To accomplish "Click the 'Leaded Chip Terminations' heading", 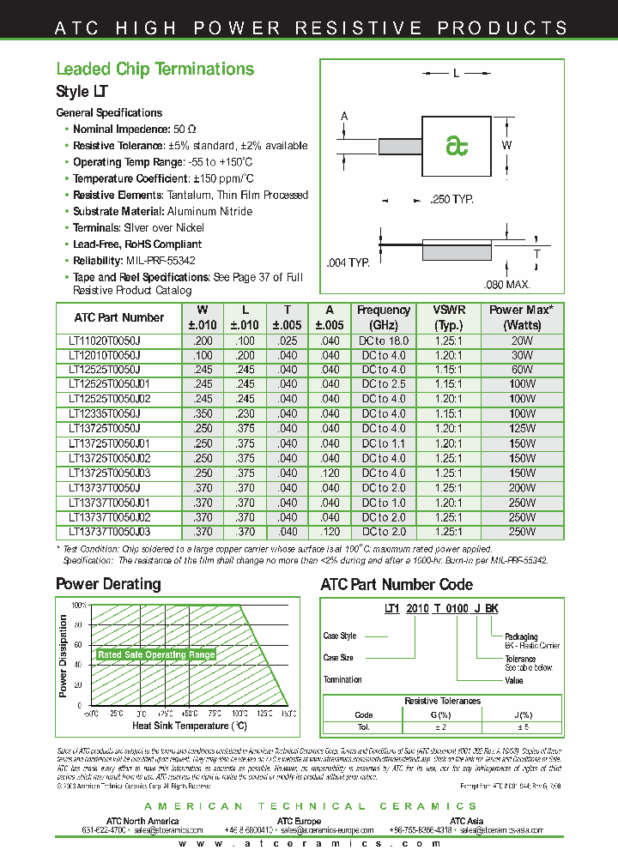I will (154, 69).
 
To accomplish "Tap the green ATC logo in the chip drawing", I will (457, 146).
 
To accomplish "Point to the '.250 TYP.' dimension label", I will (452, 200).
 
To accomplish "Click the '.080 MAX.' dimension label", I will (507, 284).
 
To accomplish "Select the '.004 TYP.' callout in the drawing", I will (348, 262).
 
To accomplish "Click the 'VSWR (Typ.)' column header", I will (450, 317).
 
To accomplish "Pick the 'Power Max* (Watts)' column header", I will (521, 317).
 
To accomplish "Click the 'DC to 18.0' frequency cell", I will (384, 341).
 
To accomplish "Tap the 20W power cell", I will (522, 341).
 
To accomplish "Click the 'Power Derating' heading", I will (108, 584).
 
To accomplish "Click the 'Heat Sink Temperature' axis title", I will (190, 726).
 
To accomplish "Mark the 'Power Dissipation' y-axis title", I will (64, 656).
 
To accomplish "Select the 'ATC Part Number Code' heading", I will (397, 584).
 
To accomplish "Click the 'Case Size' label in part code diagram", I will (338, 658).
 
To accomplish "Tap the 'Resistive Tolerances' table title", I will (442, 701).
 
